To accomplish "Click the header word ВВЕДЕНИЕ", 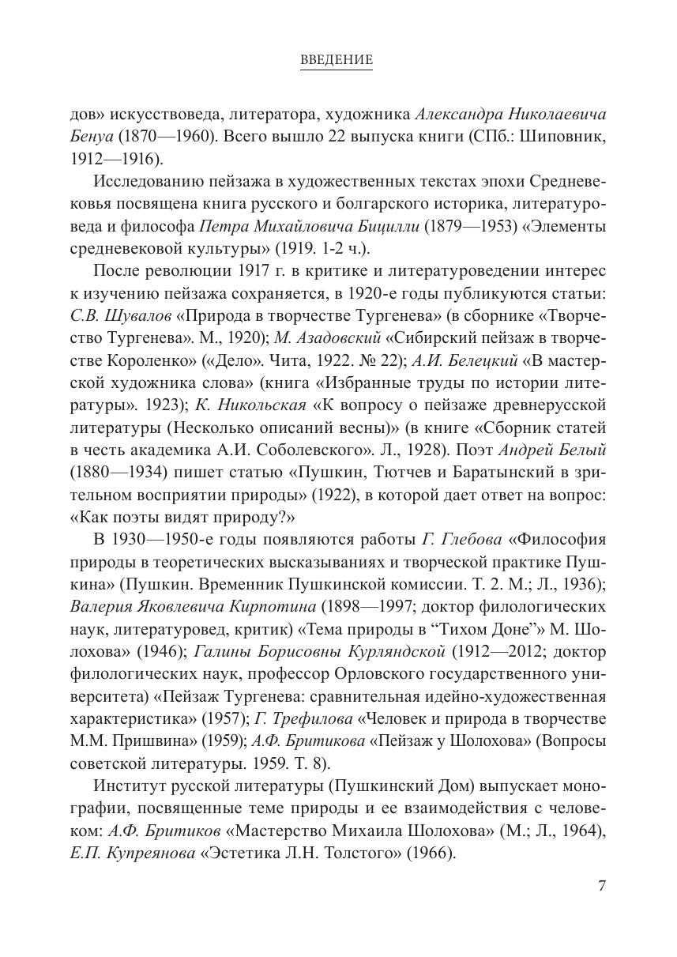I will click(x=337, y=60).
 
